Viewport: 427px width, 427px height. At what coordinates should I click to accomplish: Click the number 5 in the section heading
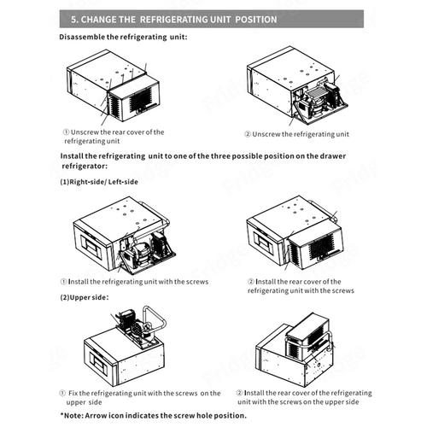(73, 20)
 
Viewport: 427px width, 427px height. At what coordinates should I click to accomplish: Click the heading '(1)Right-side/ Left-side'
(99, 182)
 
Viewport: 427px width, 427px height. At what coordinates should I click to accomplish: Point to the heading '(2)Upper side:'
(85, 297)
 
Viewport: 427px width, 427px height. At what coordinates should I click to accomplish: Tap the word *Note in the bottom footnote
(72, 415)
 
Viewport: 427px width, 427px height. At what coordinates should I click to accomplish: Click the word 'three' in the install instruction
(220, 156)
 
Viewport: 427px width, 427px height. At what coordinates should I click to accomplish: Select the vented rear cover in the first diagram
(134, 97)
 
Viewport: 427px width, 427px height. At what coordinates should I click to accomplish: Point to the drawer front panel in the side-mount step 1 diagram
(91, 246)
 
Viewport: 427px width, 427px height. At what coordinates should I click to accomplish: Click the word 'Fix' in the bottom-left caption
(73, 393)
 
